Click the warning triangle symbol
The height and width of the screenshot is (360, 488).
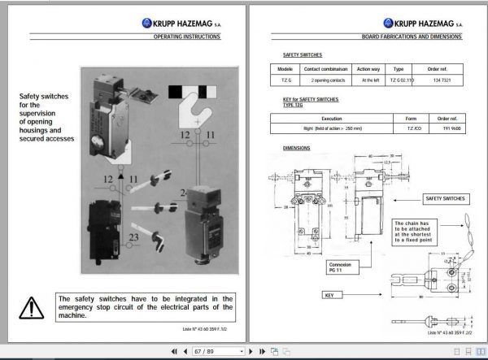(32, 306)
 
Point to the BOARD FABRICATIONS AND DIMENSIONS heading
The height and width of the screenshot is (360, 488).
(412, 37)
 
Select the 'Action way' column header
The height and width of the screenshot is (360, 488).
(368, 70)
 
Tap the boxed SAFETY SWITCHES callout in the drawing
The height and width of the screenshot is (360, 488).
(444, 198)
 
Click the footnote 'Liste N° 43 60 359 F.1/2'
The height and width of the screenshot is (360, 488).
(206, 328)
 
